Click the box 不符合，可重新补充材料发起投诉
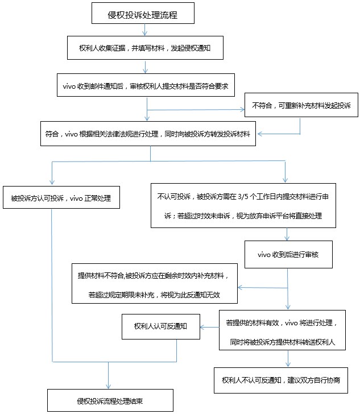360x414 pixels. click(x=300, y=105)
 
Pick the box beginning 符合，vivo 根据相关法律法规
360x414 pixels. click(x=150, y=134)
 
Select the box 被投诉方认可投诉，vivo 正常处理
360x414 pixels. click(x=61, y=198)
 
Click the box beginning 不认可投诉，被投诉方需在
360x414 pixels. click(x=243, y=205)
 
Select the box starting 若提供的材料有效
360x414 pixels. click(x=282, y=330)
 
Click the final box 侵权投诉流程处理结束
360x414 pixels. click(x=110, y=400)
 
